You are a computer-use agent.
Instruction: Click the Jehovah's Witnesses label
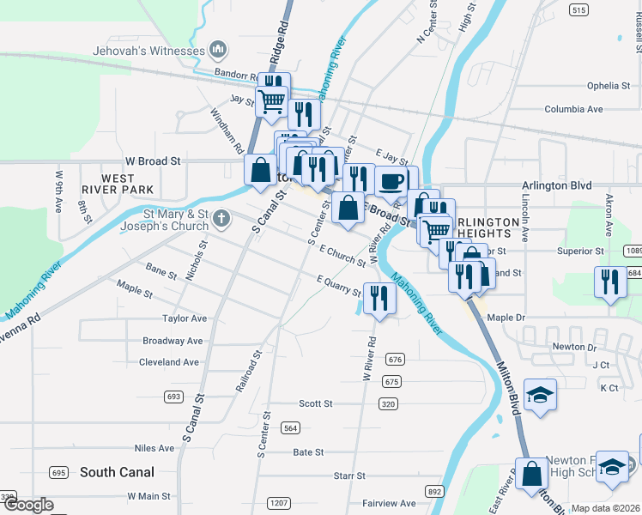click(148, 51)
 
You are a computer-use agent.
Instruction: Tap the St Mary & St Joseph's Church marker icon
click(221, 217)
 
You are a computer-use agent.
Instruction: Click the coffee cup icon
click(391, 182)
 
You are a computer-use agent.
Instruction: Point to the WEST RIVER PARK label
click(117, 182)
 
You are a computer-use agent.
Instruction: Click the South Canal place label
click(117, 472)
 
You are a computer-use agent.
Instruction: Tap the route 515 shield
click(578, 9)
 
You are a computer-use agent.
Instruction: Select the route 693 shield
click(174, 397)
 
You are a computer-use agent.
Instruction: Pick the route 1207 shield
click(277, 503)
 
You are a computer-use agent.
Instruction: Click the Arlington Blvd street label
click(557, 185)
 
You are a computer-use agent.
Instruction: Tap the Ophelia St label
click(609, 86)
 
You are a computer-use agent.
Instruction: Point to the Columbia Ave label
click(573, 110)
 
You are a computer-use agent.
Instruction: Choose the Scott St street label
click(316, 403)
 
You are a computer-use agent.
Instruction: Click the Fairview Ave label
click(389, 503)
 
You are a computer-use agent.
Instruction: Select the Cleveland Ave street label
click(170, 362)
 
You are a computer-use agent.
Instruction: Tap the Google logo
click(27, 506)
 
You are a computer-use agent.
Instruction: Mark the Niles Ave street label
click(154, 448)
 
